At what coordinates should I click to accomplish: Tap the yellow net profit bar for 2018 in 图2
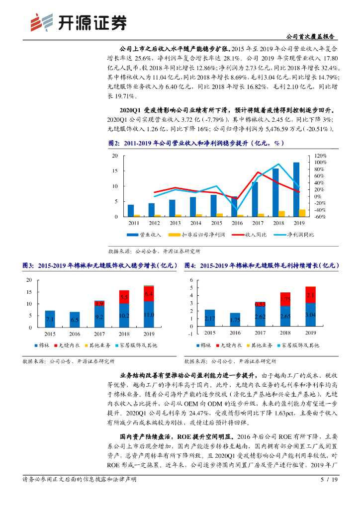282,214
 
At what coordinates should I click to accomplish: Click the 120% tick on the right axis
320,156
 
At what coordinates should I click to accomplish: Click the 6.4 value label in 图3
149,294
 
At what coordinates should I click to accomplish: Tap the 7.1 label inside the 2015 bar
50,320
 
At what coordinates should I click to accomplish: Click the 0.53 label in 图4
259,304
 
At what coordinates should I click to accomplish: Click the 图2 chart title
196,143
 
